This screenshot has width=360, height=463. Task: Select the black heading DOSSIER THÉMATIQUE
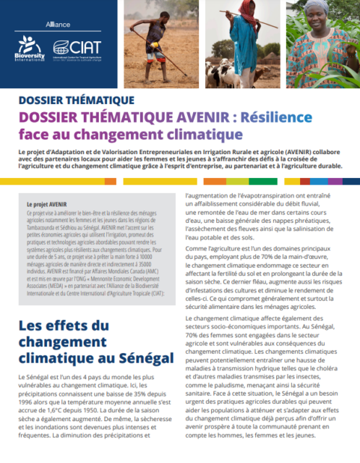pyautogui.click(x=65, y=101)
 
